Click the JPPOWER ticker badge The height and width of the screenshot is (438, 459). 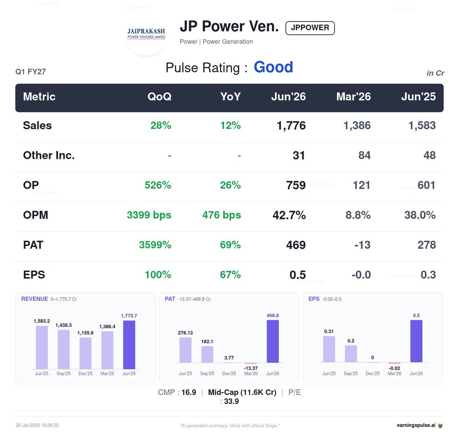coord(310,28)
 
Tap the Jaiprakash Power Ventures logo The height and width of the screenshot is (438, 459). coord(146,34)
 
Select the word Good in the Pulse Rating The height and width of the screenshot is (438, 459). coord(273,67)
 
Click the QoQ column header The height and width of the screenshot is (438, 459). coord(159,97)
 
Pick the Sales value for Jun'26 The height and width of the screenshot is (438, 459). coord(291,126)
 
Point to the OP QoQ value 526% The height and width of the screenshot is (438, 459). coord(158,185)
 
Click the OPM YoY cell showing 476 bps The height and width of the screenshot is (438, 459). coord(221,215)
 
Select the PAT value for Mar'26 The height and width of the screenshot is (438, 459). coord(362,245)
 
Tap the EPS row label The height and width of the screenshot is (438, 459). coord(34,275)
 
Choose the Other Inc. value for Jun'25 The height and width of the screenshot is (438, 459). coord(429,155)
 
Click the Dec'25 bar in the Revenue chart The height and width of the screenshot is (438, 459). coord(85,353)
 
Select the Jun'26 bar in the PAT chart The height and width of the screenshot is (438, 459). coord(273,341)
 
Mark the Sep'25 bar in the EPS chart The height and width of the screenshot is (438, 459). coord(351,354)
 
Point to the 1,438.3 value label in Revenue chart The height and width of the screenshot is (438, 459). coord(63,325)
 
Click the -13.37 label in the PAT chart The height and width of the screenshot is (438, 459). coord(251,368)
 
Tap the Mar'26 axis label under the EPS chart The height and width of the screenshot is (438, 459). coord(394,374)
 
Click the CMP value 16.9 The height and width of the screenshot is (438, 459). coord(189,393)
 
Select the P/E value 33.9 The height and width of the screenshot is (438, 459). coord(231,401)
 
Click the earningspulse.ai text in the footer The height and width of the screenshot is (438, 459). coord(416,425)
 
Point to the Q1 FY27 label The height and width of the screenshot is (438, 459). coord(31,72)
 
